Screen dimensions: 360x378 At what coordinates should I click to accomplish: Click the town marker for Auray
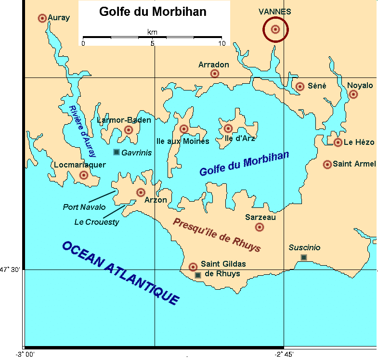[42, 18]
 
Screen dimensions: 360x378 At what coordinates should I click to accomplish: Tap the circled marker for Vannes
[275, 29]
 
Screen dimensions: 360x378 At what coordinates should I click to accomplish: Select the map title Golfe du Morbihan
[153, 12]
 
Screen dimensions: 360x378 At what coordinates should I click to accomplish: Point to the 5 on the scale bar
[153, 43]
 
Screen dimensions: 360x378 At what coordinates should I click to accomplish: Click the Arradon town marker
[215, 74]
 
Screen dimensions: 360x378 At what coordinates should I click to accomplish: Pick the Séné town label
[317, 86]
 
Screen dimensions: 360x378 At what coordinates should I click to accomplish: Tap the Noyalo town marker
[353, 94]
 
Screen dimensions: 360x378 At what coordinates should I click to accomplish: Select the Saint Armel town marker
[327, 165]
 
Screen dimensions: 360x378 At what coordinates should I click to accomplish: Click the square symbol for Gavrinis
[116, 153]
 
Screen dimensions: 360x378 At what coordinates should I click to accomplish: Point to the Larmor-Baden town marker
[129, 130]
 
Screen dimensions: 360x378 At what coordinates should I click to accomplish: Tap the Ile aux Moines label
[183, 141]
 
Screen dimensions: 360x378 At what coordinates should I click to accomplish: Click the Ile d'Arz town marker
[228, 129]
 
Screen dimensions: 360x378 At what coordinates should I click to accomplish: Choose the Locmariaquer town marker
[83, 175]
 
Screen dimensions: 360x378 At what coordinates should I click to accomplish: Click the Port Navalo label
[84, 207]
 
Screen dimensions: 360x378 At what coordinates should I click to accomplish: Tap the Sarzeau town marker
[260, 227]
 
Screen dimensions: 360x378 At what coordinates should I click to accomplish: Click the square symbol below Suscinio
[304, 257]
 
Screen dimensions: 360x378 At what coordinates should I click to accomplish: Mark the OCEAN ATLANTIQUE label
[120, 273]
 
